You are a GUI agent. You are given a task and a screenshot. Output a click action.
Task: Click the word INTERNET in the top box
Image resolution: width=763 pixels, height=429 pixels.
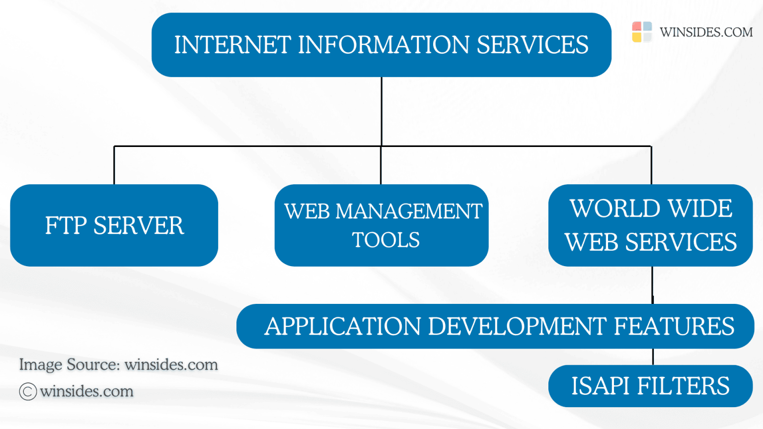[232, 45]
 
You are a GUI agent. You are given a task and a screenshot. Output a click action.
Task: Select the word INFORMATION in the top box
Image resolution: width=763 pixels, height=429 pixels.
[383, 45]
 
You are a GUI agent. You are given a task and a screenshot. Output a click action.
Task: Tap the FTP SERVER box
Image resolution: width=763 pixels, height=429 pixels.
[114, 225]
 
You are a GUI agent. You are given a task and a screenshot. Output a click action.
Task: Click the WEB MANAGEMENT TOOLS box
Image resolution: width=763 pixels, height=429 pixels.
[381, 225]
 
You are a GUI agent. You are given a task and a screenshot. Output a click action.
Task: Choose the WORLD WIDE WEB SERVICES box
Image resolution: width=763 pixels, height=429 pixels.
[651, 225]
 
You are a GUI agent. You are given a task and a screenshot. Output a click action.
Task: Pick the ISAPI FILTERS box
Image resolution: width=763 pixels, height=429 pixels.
[651, 386]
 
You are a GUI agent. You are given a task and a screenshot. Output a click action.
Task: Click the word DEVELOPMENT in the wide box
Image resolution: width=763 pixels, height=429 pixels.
[517, 326]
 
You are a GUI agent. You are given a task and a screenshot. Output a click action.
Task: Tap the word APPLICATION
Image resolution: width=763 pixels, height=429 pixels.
[343, 326]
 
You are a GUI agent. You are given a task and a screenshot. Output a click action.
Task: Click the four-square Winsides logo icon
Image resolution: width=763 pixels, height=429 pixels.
[642, 32]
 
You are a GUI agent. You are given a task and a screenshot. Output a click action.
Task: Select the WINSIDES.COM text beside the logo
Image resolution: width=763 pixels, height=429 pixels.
[706, 32]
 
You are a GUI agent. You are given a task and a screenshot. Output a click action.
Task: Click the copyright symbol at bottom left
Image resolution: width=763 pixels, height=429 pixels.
[28, 391]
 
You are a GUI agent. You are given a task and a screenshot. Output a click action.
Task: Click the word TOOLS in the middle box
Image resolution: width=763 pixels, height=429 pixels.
[385, 240]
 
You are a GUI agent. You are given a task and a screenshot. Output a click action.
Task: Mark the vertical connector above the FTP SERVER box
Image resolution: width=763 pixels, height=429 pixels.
[114, 165]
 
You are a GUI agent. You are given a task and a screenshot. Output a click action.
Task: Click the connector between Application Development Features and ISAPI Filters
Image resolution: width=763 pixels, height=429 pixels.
[653, 357]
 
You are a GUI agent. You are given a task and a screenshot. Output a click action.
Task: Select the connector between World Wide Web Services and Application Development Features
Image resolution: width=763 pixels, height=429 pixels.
[653, 286]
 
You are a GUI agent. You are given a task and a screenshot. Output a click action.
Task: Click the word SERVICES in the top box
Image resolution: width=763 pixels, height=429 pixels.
[533, 45]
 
